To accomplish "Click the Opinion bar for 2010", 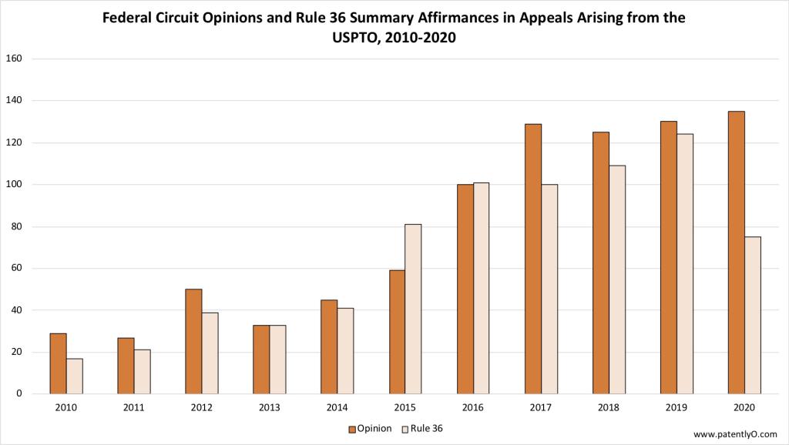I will (x=58, y=363).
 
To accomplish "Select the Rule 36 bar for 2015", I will (x=413, y=309).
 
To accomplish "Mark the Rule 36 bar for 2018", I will (x=617, y=279).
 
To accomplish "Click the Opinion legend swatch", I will (x=351, y=429).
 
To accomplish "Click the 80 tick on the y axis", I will (x=18, y=226).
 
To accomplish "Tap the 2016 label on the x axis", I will (x=473, y=408).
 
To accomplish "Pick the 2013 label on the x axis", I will (x=270, y=408).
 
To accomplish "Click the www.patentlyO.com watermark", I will (x=735, y=433).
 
